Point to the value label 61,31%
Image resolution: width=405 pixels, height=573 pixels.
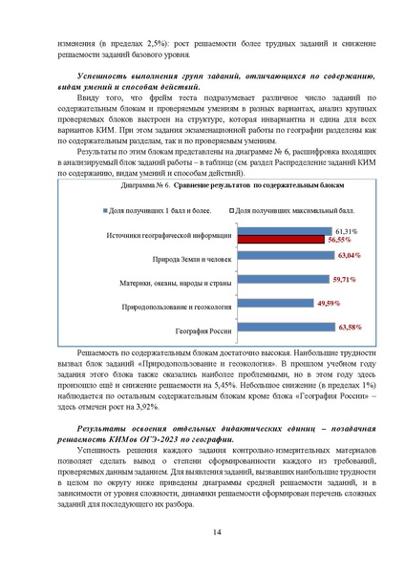click(x=346, y=231)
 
